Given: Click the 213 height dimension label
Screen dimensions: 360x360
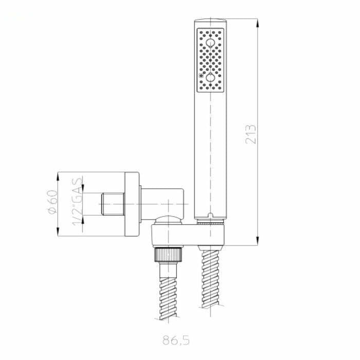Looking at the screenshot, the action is click(x=250, y=134).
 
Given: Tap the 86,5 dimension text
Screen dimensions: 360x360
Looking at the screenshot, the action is click(x=176, y=340).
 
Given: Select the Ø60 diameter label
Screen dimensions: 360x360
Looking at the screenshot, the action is click(x=53, y=202).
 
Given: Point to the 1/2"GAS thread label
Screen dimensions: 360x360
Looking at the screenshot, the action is click(x=77, y=202).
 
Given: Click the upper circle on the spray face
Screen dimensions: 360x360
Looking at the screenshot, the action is click(x=210, y=43).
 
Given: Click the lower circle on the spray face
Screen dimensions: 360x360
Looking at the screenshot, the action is click(x=210, y=78).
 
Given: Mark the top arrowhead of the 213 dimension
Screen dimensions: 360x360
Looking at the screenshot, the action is click(x=258, y=23).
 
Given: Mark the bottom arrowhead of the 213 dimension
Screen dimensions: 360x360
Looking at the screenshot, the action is click(x=258, y=241).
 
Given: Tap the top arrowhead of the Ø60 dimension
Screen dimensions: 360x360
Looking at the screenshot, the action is click(x=58, y=176).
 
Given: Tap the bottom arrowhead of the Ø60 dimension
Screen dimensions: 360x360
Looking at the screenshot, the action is click(x=58, y=231).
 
